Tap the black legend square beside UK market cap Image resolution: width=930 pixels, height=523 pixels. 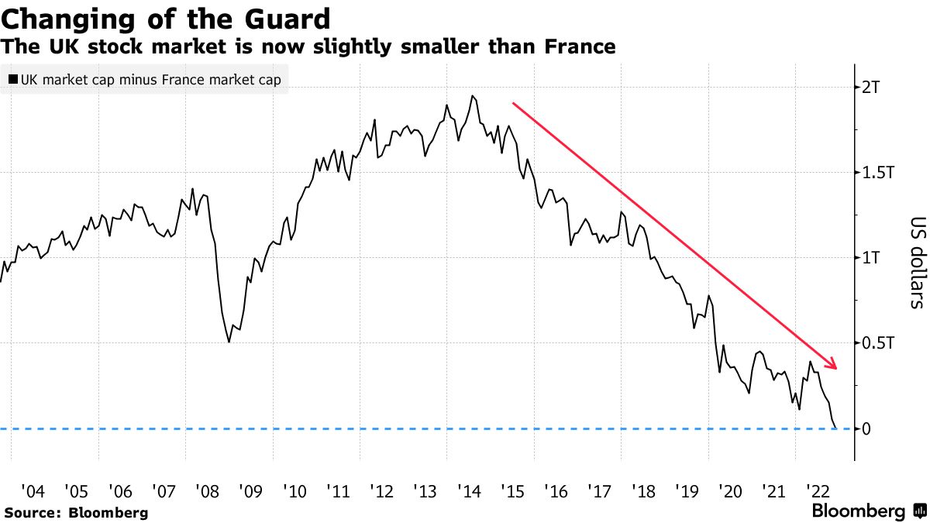click(13, 79)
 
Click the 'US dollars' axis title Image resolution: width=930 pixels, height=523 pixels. click(916, 263)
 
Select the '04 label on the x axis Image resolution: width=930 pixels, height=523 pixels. click(33, 490)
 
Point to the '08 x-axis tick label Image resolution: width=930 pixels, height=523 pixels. click(207, 490)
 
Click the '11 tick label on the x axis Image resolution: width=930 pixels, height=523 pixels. click(338, 490)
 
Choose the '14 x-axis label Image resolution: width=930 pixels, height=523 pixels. click(469, 490)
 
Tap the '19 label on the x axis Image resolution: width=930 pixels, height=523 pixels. click(687, 490)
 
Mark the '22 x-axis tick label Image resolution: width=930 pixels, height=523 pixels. click(818, 490)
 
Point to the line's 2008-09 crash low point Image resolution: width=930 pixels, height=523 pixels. click(229, 342)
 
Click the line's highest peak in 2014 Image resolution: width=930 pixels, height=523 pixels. click(472, 96)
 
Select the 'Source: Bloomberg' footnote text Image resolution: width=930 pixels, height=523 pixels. click(75, 512)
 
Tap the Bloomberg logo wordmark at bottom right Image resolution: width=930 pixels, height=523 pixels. click(858, 511)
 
